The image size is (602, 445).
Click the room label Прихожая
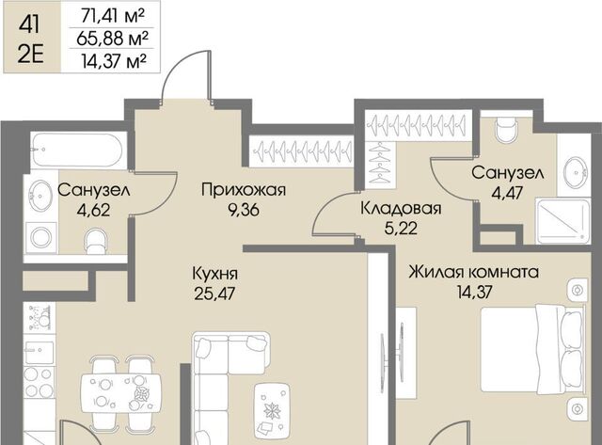click(244, 190)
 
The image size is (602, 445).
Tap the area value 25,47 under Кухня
click(214, 294)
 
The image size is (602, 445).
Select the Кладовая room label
click(402, 208)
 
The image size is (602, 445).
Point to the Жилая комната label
click(474, 272)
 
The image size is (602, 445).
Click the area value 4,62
click(93, 210)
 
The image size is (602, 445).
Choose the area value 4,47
click(508, 193)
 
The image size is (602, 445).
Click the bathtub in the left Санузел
click(78, 150)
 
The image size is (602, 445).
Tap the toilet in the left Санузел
click(96, 242)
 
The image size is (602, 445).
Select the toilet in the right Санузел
click(506, 130)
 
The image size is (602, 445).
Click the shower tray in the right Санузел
click(562, 221)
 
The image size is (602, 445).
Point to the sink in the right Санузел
click(576, 172)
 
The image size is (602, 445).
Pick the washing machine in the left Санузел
click(41, 238)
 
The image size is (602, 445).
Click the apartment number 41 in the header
click(29, 24)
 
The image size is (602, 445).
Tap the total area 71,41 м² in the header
click(113, 16)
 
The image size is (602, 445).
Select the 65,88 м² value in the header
click(112, 39)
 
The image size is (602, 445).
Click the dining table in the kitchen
click(121, 393)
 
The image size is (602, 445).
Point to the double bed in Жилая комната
click(532, 349)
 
